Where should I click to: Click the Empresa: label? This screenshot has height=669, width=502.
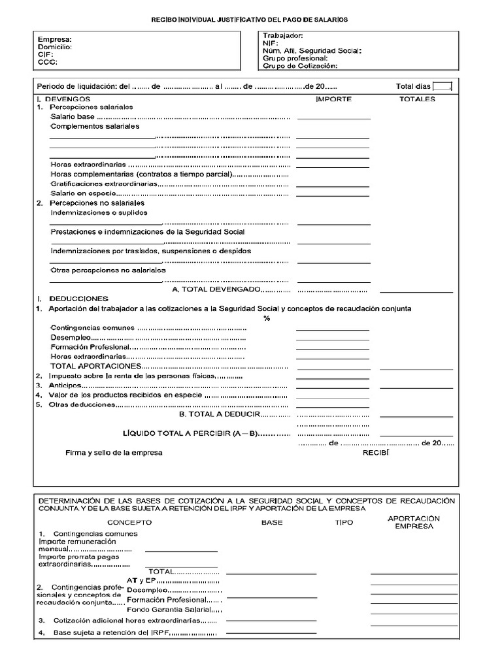[55, 39]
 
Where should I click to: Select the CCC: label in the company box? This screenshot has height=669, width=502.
[48, 63]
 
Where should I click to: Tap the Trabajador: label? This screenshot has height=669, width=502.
[282, 35]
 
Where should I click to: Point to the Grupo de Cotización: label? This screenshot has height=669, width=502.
[299, 66]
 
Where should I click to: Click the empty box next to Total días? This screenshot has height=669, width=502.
[442, 86]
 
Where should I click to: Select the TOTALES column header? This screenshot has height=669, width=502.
[417, 99]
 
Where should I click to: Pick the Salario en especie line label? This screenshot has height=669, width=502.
[83, 193]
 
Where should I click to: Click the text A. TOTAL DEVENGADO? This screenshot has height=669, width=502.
[216, 289]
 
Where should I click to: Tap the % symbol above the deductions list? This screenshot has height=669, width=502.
[267, 318]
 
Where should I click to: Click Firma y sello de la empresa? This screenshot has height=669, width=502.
[114, 452]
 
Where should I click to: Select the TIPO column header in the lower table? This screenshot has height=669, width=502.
[344, 523]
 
